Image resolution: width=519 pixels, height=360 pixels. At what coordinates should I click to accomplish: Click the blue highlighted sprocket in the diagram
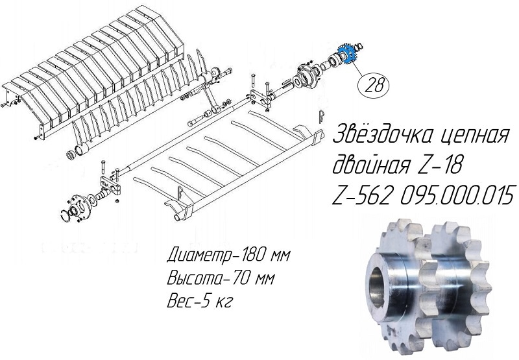pyautogui.click(x=346, y=53)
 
